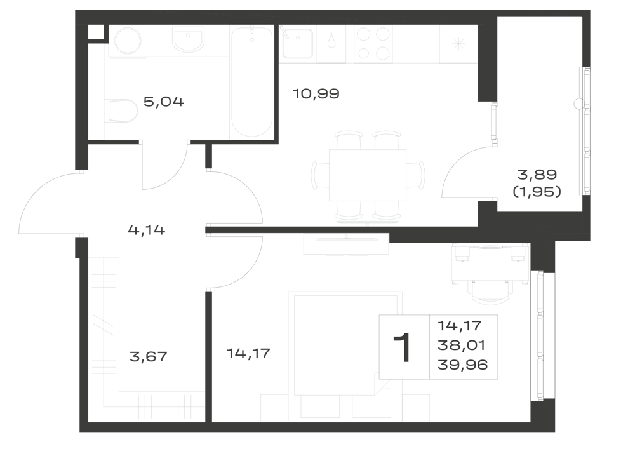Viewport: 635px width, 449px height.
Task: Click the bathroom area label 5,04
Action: coord(164,101)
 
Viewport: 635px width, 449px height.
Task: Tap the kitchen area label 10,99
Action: coord(316,94)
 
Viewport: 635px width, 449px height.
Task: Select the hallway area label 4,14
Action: coord(147,231)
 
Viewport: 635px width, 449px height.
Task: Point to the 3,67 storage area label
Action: coord(148,357)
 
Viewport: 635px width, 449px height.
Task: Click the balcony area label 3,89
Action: coord(537,175)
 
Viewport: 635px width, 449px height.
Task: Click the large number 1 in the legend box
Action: coord(402,348)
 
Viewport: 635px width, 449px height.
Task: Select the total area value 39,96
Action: coord(462,365)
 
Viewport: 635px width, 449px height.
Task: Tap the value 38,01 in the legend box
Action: coord(461,345)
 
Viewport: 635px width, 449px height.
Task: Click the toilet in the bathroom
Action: coord(123,111)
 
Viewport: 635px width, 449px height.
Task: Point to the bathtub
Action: coord(251,82)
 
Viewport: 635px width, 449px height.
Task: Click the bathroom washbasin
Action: coord(188,39)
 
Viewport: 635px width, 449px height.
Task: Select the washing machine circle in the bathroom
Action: coord(128,41)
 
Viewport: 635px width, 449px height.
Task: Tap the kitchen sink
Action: coord(298,43)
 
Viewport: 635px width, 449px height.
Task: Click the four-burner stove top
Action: coord(373,44)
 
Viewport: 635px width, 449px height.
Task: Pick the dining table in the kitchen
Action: coord(367,175)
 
